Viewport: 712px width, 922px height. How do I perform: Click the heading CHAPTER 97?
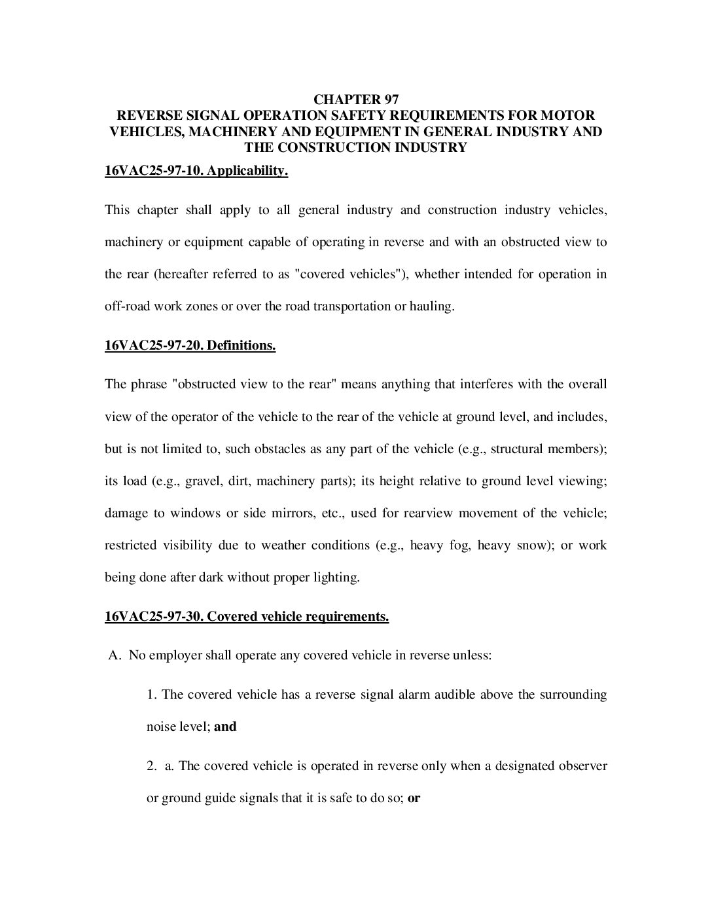tap(355, 100)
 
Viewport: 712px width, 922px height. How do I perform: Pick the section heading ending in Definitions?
tap(190, 346)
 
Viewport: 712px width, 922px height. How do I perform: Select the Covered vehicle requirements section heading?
tap(247, 617)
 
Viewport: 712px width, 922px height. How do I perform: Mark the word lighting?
tap(336, 578)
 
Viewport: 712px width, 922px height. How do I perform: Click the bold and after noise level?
tap(225, 726)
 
